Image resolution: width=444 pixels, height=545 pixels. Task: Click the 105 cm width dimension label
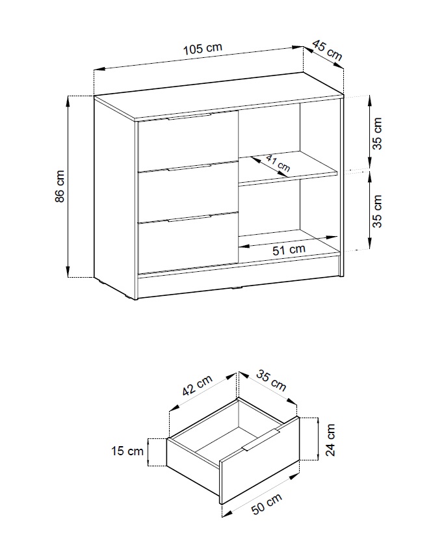coord(203,48)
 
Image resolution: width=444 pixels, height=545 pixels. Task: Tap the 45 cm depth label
coord(327,50)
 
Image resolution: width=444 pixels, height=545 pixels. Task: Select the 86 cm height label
coord(60,186)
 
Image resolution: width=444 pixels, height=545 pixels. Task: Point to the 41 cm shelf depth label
coord(278,163)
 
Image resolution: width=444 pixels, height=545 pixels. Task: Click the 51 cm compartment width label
coord(289,249)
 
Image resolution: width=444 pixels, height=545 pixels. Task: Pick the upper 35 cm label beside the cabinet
coord(377,133)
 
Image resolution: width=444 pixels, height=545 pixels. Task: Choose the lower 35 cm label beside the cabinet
coord(377,211)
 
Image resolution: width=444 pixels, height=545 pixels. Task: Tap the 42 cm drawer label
coord(197,385)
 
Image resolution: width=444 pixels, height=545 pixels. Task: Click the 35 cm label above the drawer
coord(271,380)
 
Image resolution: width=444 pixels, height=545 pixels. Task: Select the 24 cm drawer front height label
coord(330,440)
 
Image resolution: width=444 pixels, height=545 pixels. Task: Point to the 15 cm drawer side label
coord(127,451)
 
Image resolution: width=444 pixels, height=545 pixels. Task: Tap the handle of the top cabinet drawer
coord(189,116)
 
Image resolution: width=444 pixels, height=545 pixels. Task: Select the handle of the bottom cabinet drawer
coord(189,218)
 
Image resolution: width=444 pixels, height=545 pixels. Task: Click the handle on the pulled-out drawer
coord(261,440)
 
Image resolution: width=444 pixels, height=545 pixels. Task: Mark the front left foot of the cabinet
coord(131,297)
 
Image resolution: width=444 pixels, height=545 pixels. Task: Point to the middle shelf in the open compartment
coord(288,168)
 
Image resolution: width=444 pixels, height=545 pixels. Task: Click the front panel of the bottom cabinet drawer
coord(188,245)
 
